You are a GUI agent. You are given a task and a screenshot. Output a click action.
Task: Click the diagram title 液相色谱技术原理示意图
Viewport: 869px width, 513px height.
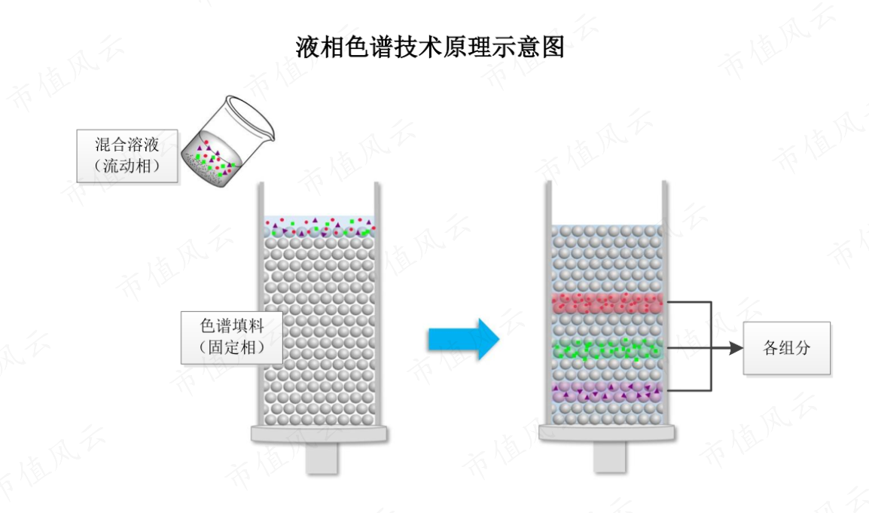(430, 47)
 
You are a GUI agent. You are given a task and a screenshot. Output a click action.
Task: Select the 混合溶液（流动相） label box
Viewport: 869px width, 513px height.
(127, 156)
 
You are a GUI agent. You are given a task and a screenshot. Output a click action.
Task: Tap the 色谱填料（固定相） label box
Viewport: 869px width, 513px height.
(232, 337)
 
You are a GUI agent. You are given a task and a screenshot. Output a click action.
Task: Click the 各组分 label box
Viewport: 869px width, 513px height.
(786, 348)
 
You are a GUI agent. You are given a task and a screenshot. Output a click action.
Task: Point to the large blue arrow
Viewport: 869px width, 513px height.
(463, 339)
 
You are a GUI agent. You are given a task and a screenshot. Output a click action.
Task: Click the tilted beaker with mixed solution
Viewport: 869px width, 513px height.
(227, 142)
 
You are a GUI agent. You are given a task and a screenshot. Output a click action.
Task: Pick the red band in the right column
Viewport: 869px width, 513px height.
(608, 304)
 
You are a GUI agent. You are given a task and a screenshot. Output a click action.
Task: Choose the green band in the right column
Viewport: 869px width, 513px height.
(608, 348)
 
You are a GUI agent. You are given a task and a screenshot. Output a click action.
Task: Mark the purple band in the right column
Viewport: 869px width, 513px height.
(608, 392)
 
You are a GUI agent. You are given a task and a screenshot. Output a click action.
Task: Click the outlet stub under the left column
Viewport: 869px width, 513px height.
(322, 458)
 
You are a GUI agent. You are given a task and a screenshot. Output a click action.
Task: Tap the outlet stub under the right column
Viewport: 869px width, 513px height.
(610, 457)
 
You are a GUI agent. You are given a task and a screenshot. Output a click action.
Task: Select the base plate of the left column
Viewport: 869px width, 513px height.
(319, 434)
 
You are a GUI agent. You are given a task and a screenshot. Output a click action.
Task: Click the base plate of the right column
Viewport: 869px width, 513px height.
(608, 433)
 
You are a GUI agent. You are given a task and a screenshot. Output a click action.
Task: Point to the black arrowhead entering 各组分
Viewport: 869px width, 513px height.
(736, 348)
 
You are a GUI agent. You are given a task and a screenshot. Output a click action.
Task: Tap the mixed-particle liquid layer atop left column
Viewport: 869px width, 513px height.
(319, 227)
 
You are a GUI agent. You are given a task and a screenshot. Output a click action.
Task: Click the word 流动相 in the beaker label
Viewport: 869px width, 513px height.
(127, 166)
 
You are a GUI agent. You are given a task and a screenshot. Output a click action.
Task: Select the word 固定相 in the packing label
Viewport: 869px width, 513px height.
(232, 347)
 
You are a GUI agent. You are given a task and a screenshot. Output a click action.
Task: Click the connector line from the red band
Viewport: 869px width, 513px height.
(689, 303)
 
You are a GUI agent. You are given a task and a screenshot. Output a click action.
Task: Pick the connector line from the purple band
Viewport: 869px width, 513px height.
(689, 390)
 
